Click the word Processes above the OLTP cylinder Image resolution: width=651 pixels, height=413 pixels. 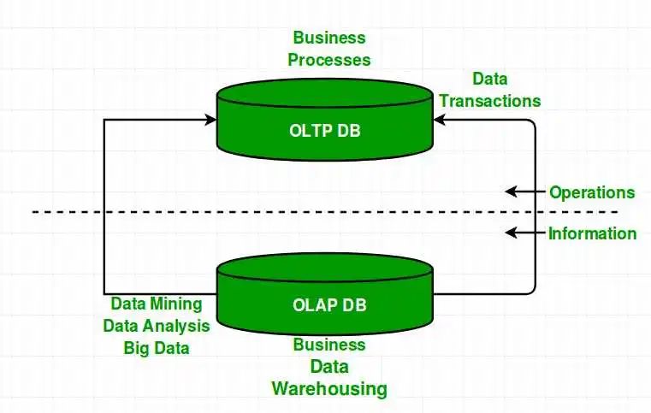(329, 60)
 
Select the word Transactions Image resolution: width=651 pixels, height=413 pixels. (489, 100)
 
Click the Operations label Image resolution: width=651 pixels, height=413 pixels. (592, 192)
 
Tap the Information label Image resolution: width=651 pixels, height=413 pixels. (592, 233)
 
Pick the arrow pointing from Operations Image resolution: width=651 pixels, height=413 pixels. (524, 192)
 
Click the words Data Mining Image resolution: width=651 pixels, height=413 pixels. (157, 304)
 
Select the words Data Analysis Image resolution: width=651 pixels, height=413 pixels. (157, 326)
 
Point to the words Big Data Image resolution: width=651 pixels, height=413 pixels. (157, 348)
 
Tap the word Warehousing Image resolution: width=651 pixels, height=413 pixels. (329, 389)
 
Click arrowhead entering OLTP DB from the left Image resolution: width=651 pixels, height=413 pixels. (211, 121)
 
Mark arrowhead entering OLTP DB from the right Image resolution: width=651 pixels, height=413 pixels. (439, 121)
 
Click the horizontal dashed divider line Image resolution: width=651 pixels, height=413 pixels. (257, 211)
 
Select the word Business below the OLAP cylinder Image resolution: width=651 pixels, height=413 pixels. (329, 345)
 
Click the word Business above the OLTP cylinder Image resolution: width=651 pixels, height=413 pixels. (329, 38)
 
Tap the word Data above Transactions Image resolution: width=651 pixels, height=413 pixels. (489, 79)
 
